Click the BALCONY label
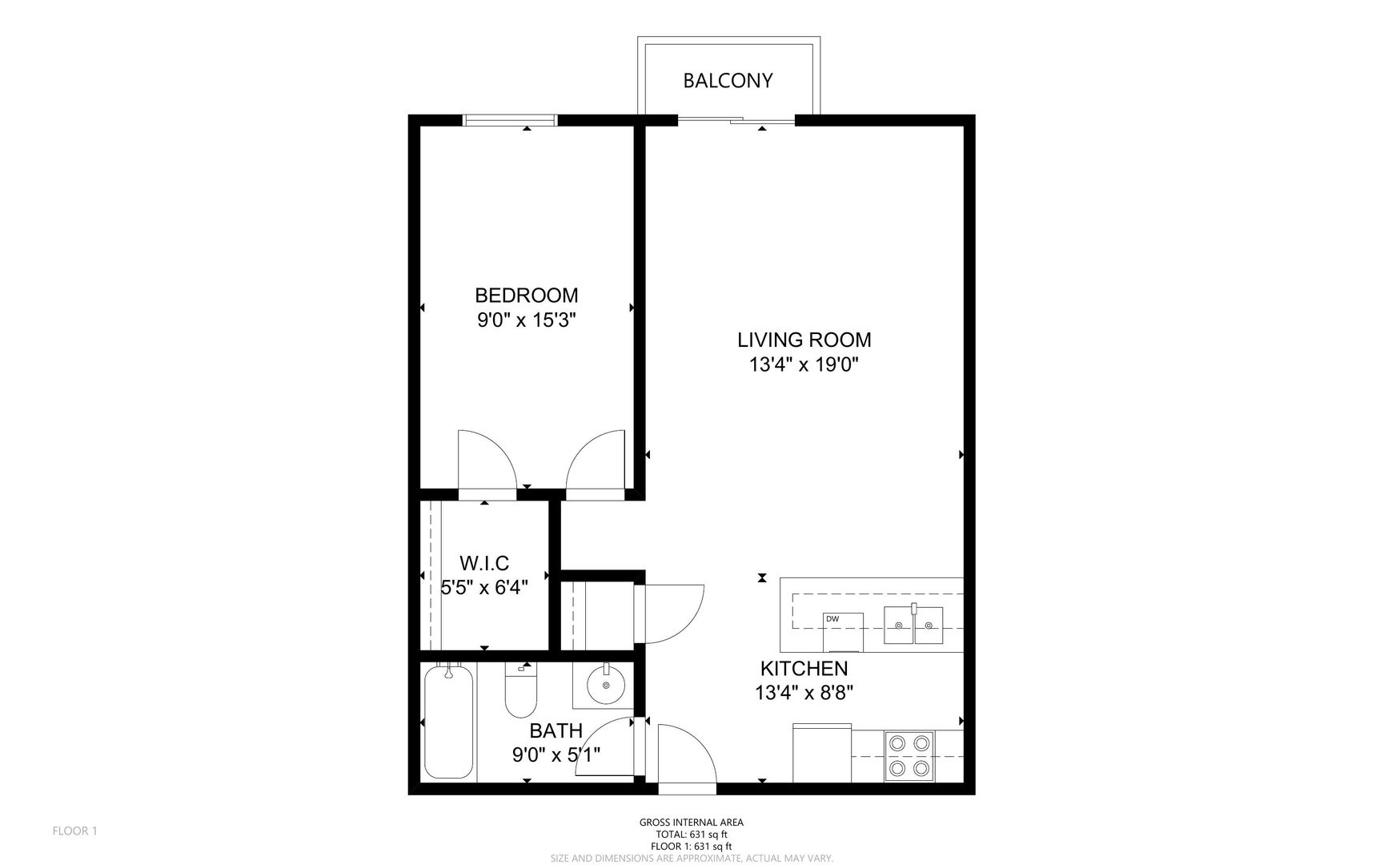728,81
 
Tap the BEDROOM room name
527,295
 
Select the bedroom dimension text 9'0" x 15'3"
527,320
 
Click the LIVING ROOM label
804,340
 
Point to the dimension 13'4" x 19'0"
804,365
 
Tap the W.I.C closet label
484,563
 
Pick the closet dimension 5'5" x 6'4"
484,588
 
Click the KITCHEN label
804,668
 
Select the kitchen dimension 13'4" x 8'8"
804,693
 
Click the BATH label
556,730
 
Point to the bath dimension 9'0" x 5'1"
556,754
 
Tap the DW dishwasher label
832,618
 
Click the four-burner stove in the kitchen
909,756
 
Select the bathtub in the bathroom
448,721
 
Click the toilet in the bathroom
520,690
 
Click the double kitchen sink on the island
913,626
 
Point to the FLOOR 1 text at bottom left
74,831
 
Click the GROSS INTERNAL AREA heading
692,823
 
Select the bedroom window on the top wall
510,120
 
